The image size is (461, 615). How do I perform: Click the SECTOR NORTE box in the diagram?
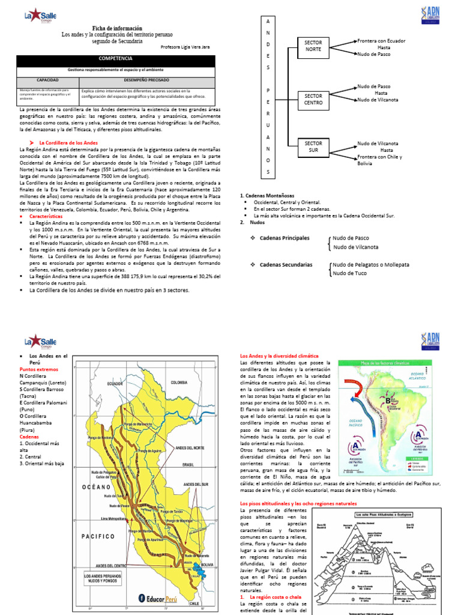coord(313,47)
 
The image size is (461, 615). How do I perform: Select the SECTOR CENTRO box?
coord(313,99)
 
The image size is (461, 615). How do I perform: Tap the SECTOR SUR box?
coord(313,147)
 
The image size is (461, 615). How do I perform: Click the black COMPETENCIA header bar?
coord(119,59)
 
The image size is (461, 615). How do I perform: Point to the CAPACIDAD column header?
coord(47,79)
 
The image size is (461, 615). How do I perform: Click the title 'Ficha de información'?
coord(117,28)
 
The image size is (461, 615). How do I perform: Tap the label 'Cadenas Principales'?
coord(285,238)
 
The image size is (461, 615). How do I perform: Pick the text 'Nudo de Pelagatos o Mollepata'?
coord(370,264)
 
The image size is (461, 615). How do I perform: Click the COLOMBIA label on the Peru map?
coord(178,383)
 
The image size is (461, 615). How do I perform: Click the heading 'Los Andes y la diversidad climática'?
coord(279,356)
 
